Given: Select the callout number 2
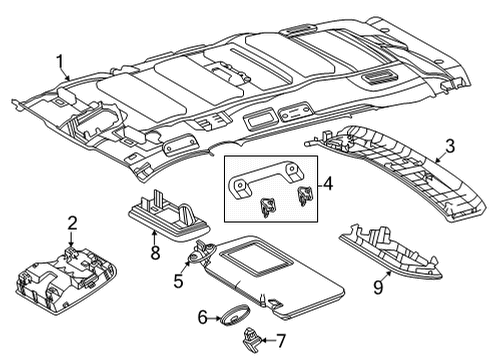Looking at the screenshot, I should [71, 221].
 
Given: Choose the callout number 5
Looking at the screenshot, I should [179, 281].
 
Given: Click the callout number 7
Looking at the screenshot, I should [281, 342].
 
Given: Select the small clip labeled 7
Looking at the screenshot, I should [258, 338].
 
